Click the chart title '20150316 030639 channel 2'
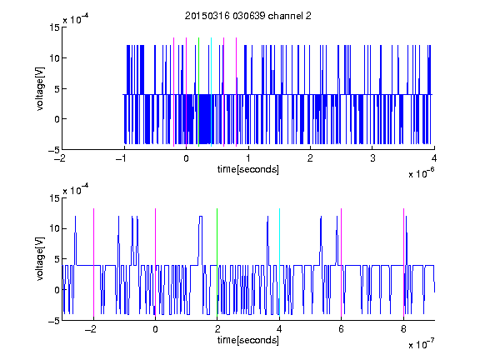coord(248,16)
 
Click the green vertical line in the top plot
coord(198,92)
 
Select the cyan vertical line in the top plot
coord(211,92)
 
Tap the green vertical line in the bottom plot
coord(217,262)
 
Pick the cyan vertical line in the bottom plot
coord(279,262)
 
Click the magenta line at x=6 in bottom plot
coord(342,262)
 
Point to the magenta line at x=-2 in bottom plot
coord(93,262)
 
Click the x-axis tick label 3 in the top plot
coord(372,158)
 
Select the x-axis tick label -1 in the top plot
coord(122,158)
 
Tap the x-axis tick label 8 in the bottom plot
coord(403,329)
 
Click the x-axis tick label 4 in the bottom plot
coord(279,329)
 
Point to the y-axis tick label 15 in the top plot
coord(54,27)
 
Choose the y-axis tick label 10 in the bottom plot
coord(54,228)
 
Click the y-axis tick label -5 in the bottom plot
coord(54,321)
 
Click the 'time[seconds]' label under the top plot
coord(248,169)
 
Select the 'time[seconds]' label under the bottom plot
coord(248,340)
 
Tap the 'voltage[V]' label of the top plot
coord(40,89)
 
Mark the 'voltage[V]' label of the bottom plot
coord(40,258)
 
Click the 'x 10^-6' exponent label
coord(421,173)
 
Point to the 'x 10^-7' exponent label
coord(421,344)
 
